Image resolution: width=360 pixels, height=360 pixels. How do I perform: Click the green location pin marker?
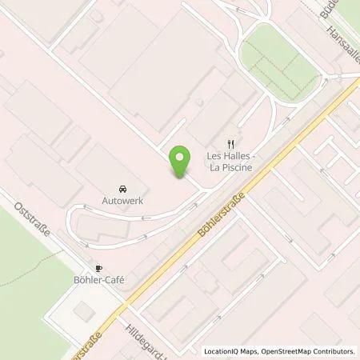[x=182, y=162]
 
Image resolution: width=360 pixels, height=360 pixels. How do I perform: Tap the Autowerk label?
[x=122, y=201]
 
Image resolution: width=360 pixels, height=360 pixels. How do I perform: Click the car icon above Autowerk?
[x=122, y=186]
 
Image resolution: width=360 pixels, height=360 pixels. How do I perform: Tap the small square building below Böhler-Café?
[x=81, y=309]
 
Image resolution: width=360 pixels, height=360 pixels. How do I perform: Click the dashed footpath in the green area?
[x=24, y=276]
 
